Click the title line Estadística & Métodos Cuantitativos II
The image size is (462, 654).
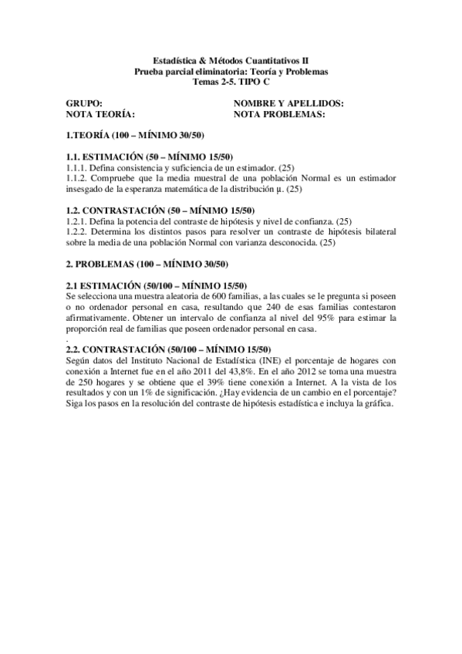231,59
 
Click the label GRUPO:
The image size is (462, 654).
83,103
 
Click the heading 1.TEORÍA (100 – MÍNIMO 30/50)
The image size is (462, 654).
135,135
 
